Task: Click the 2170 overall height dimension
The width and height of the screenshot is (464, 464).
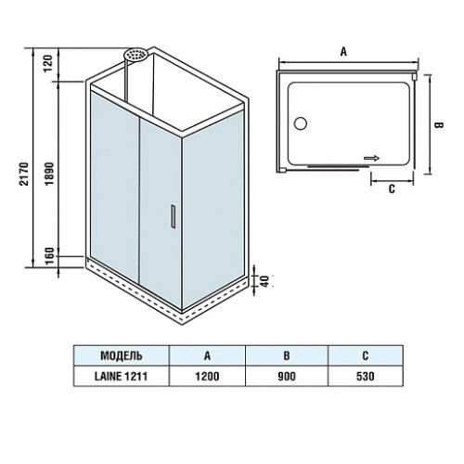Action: click(x=24, y=174)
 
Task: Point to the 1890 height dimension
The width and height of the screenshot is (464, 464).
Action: click(x=49, y=174)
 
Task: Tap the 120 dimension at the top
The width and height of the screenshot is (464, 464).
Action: click(x=48, y=63)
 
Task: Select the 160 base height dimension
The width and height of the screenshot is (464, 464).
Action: click(x=50, y=256)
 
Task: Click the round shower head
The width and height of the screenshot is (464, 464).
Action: click(x=135, y=55)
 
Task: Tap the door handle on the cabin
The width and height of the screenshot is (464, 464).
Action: click(x=174, y=216)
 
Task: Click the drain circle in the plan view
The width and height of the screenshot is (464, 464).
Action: click(x=301, y=123)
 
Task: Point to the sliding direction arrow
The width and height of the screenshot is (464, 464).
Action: click(x=371, y=159)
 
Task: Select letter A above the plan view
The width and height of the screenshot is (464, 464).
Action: click(x=343, y=52)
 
